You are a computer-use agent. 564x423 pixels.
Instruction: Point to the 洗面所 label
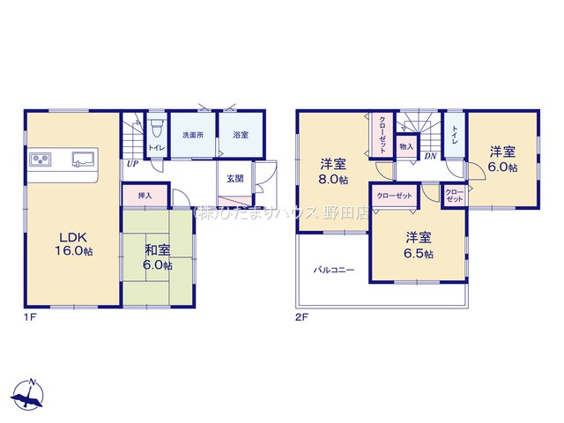[x=193, y=136]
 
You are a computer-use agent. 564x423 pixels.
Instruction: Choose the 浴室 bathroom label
[x=240, y=136]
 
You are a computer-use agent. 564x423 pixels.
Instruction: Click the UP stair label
[x=131, y=164]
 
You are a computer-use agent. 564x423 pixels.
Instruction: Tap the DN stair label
[x=430, y=157]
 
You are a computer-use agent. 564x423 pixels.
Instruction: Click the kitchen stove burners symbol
[x=41, y=160]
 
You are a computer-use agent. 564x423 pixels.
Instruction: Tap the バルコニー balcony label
[x=334, y=271]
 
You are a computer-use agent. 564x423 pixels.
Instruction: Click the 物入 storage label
[x=405, y=145]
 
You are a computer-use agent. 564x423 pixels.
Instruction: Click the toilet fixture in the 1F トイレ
[x=157, y=124]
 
